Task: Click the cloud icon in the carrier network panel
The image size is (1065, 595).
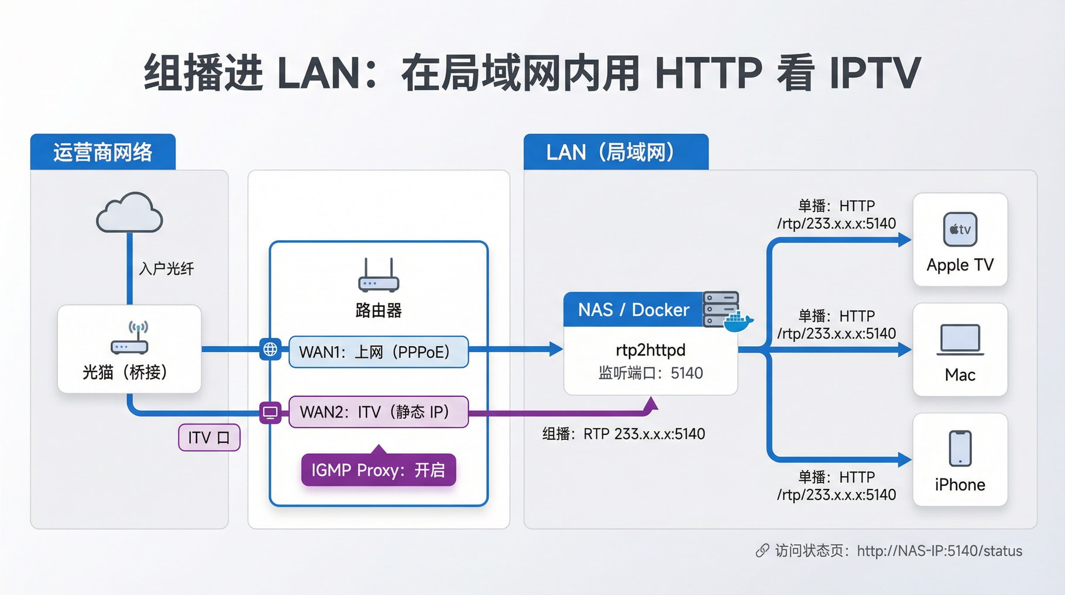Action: (x=129, y=213)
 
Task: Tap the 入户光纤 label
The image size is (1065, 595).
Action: (x=166, y=269)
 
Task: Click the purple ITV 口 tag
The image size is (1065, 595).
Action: (x=209, y=437)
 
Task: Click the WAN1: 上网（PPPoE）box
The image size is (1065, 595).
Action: (x=378, y=352)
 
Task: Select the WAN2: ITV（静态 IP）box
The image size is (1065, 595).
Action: (x=378, y=412)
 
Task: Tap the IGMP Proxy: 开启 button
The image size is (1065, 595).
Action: (x=378, y=470)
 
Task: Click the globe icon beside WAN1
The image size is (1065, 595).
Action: (x=270, y=350)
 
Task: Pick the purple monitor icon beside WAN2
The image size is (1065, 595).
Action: (x=270, y=412)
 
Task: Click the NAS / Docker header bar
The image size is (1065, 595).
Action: (x=633, y=310)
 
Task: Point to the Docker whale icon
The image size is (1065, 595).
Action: (x=738, y=322)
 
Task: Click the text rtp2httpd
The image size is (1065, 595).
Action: (x=650, y=350)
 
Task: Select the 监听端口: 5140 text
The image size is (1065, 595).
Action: (x=650, y=373)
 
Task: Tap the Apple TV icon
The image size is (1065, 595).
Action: (x=960, y=229)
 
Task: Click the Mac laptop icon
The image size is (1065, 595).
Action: (x=960, y=340)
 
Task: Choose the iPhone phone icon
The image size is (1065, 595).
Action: (x=960, y=449)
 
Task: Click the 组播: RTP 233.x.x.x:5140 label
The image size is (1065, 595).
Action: (x=623, y=434)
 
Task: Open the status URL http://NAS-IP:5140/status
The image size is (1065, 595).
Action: (x=939, y=551)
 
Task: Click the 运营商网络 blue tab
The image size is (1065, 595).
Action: (x=103, y=152)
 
